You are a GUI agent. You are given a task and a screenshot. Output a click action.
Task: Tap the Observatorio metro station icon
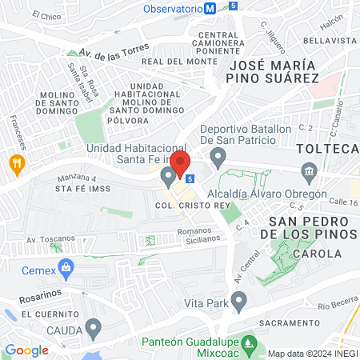click(x=210, y=8)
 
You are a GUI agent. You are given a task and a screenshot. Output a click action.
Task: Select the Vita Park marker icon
click(x=238, y=301)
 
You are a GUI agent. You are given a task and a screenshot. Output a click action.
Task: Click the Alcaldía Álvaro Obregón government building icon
click(x=310, y=172)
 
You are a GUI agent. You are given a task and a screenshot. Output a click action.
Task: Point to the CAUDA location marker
click(x=94, y=327)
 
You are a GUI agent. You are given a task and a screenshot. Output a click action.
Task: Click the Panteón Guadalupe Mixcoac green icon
click(x=250, y=345)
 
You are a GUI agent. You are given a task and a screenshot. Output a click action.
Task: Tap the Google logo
click(x=26, y=350)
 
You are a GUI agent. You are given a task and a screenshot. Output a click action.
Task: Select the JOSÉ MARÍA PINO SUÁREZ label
click(x=273, y=70)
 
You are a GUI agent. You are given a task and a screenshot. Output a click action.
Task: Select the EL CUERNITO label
click(x=46, y=314)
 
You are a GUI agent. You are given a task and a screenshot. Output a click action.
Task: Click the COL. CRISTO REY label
click(x=185, y=206)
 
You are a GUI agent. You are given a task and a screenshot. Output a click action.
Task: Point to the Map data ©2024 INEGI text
click(x=311, y=353)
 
